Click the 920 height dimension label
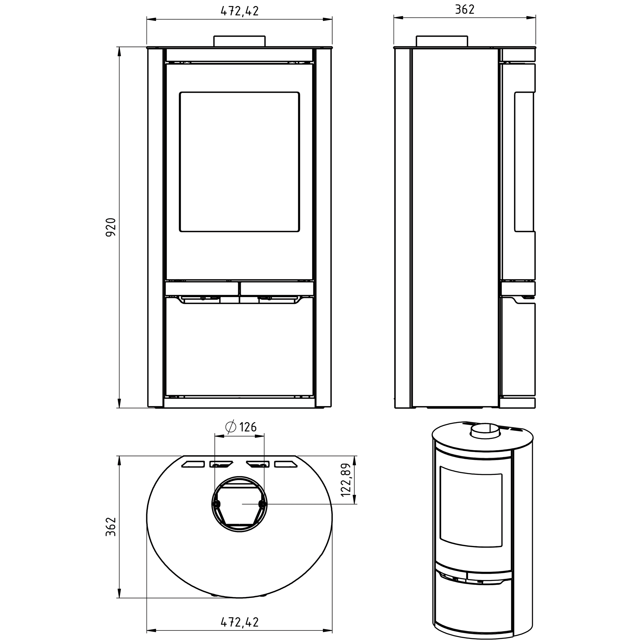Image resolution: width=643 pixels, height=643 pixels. click(111, 227)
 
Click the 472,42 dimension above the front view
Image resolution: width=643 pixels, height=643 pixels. click(240, 11)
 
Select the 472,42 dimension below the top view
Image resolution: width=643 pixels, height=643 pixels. click(240, 622)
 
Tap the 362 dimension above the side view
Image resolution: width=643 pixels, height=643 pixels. click(465, 10)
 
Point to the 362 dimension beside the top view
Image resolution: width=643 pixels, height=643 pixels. click(111, 527)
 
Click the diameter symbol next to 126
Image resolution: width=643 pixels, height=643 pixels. click(231, 427)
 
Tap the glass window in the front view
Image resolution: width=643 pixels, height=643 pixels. click(239, 162)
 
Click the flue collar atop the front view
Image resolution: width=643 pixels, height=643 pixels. click(239, 41)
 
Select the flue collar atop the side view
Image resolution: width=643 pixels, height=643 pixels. click(442, 41)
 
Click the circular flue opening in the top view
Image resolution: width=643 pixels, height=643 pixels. click(239, 504)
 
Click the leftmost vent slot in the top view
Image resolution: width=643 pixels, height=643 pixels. click(193, 464)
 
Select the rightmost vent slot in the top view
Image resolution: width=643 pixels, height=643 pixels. click(285, 464)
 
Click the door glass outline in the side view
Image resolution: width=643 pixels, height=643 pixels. click(524, 162)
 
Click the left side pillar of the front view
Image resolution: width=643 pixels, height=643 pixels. click(155, 227)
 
